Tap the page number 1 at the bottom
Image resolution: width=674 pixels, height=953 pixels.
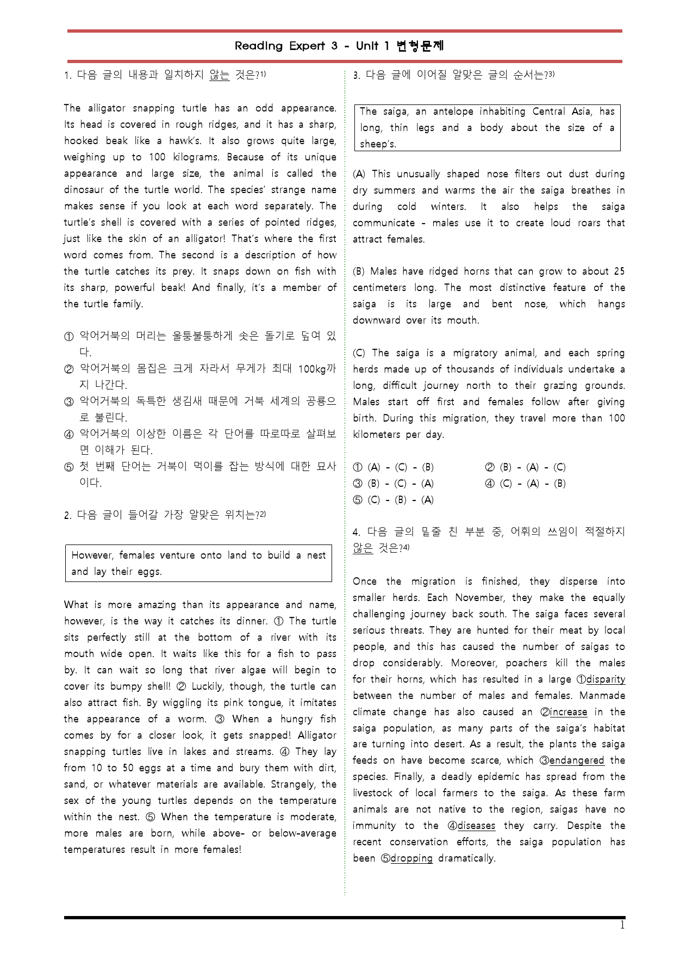[x=622, y=926]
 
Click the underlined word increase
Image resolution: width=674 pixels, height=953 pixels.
[x=569, y=712]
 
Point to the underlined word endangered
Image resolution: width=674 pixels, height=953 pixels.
[x=577, y=760]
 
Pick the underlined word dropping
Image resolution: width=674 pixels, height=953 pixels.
[x=411, y=858]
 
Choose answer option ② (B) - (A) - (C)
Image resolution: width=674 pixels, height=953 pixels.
[x=525, y=467]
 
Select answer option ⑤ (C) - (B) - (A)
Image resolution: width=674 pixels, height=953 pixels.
[x=394, y=500]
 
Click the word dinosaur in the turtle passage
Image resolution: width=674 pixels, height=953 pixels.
[x=84, y=190]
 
